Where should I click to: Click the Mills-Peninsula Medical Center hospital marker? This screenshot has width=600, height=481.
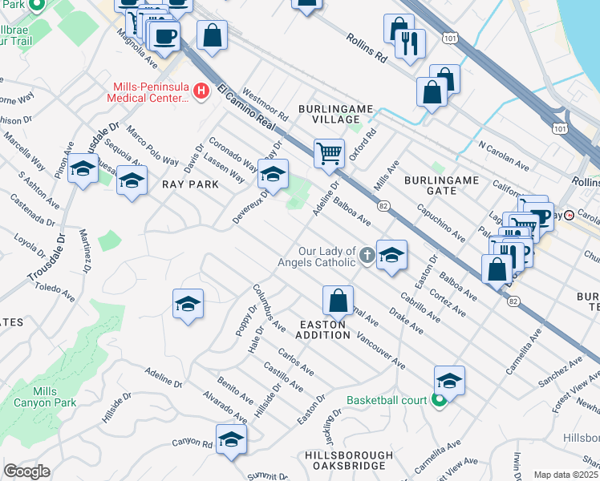pos(201,92)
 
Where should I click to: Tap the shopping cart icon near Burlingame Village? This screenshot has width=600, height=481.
pos(329,152)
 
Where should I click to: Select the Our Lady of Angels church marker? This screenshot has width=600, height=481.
pos(367,256)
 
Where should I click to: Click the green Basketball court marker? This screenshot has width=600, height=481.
pos(439,400)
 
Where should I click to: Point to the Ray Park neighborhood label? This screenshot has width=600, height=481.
pos(190,184)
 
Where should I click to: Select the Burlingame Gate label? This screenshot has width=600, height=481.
pos(441,185)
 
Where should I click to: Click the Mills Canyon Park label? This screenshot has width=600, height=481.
pos(56,396)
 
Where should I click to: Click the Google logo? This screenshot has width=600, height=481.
pos(26,471)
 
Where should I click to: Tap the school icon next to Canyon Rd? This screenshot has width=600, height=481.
pos(231,439)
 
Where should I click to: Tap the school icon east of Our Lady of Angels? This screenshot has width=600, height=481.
pos(391,256)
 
